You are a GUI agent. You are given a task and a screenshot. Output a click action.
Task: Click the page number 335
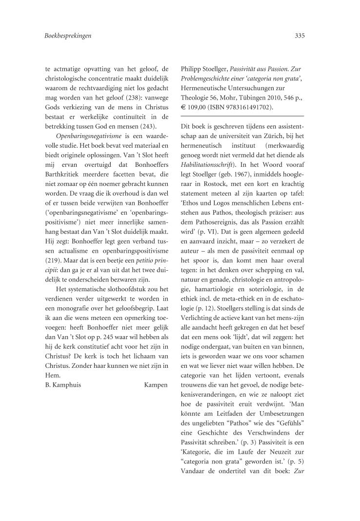(300, 36)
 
